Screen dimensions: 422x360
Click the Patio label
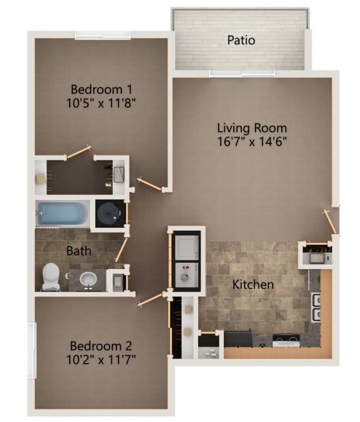point(241,41)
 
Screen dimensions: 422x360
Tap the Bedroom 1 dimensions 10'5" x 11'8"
point(101,102)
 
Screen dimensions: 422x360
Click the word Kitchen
point(253,285)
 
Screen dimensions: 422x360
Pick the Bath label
point(79,251)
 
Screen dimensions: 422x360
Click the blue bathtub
point(63,214)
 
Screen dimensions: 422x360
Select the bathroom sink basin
point(87,278)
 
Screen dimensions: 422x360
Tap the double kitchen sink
point(316,305)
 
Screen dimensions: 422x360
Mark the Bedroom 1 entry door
point(150,184)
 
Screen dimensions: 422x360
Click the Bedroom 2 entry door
point(150,300)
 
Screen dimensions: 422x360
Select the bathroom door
point(121,250)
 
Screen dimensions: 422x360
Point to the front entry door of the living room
point(329,222)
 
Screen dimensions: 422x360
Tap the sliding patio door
point(241,73)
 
